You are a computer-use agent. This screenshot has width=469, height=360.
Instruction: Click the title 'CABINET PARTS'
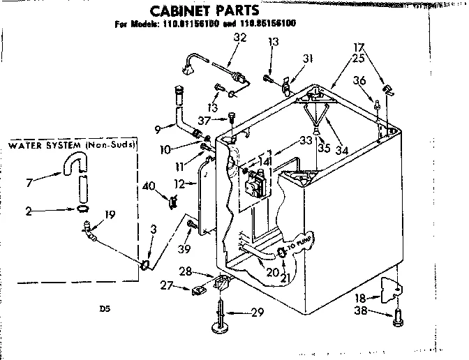[x=197, y=10]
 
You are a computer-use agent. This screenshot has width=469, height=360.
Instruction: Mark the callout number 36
[x=359, y=81]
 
